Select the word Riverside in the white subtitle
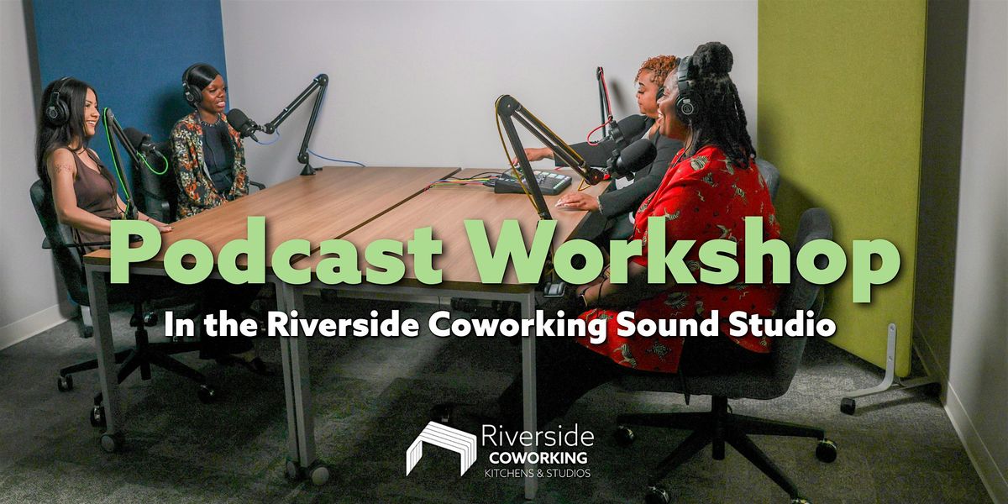click(343, 324)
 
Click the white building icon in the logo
click(441, 449)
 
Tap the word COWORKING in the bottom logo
click(538, 458)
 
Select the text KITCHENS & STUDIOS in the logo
click(538, 473)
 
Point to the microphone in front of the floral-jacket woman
click(242, 122)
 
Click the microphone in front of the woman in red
click(633, 158)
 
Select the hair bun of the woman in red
click(713, 59)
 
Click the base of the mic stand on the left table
click(308, 170)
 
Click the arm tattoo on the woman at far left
click(64, 169)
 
